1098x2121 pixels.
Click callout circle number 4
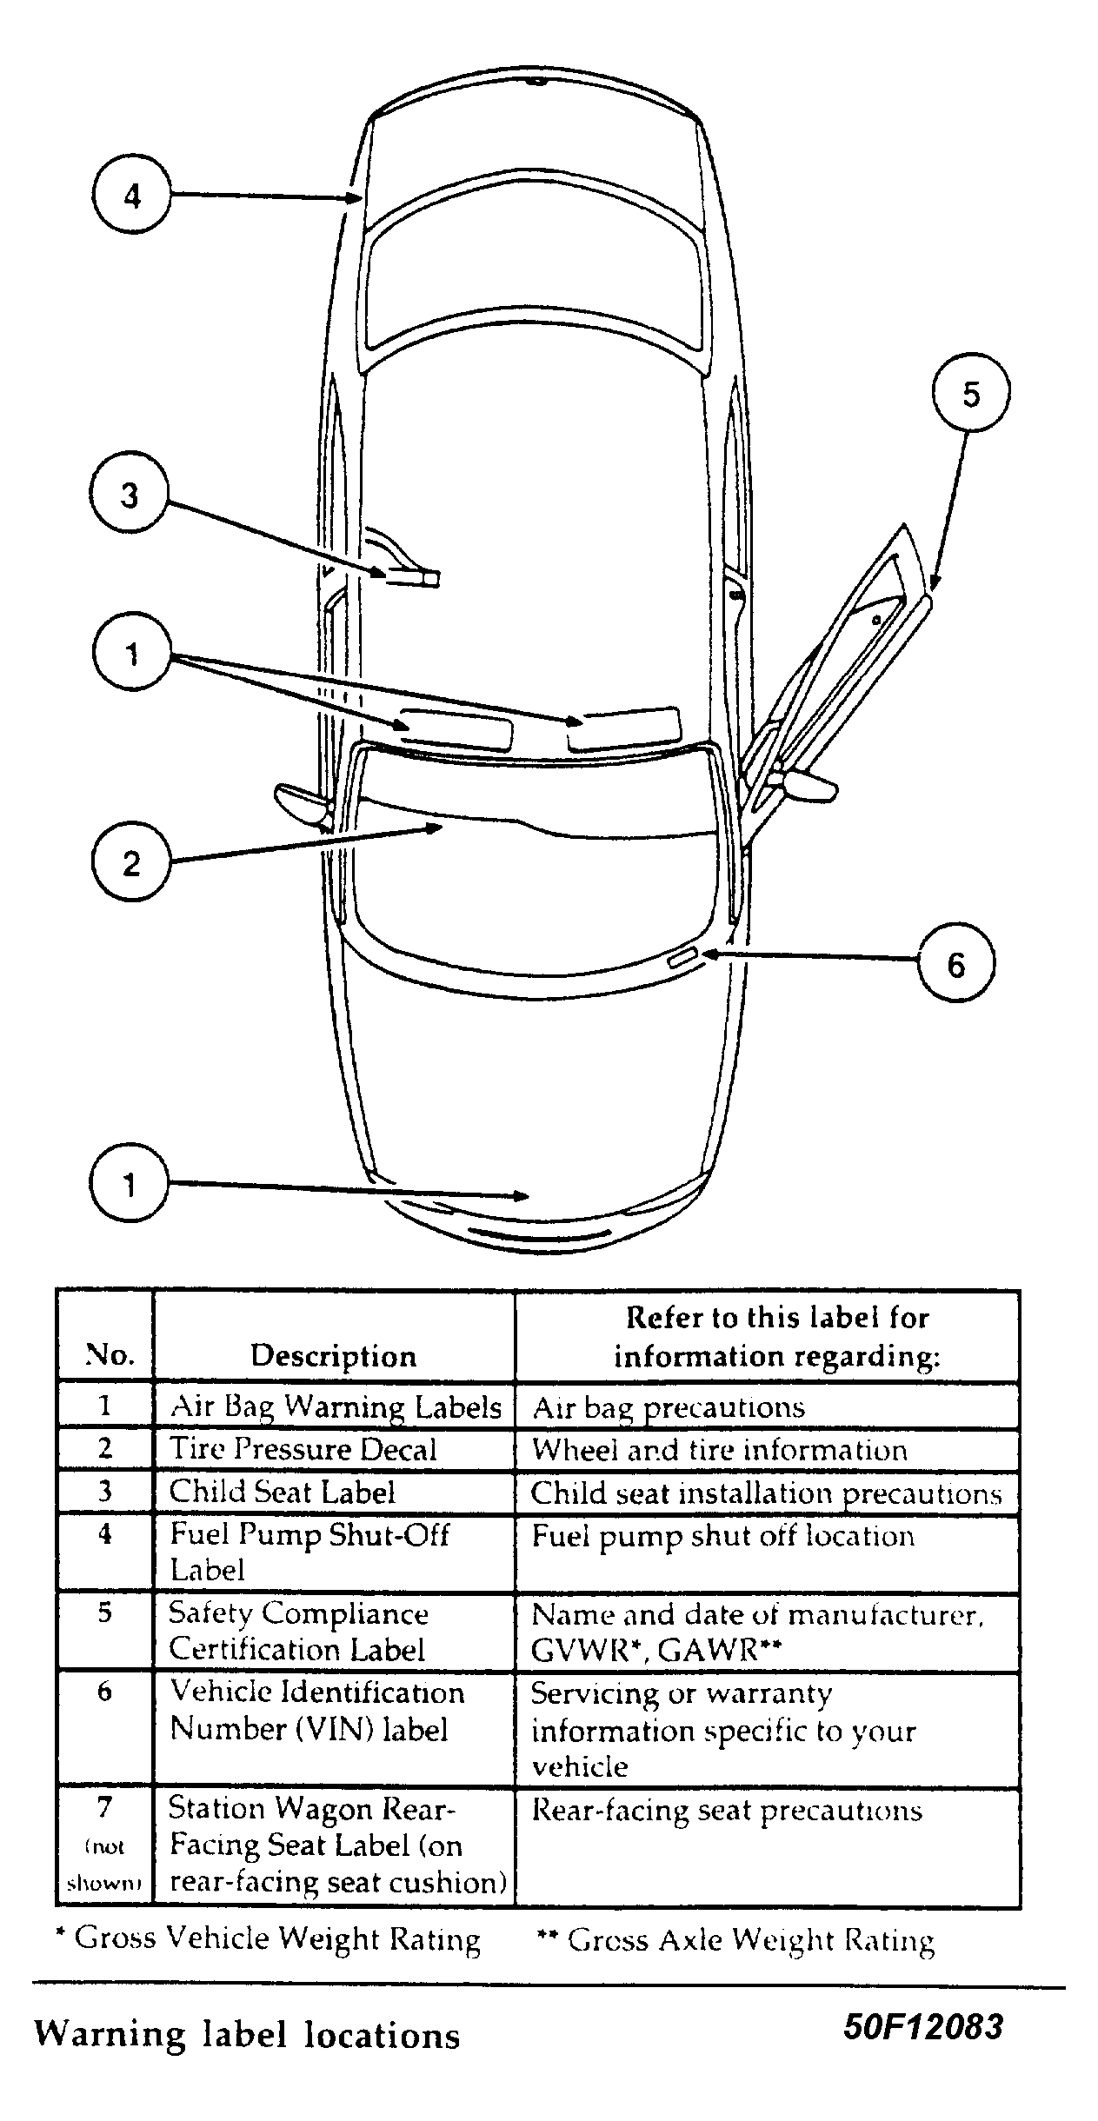(131, 196)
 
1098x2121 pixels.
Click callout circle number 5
(970, 395)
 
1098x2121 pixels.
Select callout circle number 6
(955, 964)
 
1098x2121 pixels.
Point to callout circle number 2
(130, 863)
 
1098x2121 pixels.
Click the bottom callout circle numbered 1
(129, 1184)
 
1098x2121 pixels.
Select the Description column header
(333, 1355)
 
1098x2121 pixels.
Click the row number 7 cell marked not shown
(104, 1845)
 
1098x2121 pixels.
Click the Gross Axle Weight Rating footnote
(735, 1939)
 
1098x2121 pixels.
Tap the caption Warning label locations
(247, 2035)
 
